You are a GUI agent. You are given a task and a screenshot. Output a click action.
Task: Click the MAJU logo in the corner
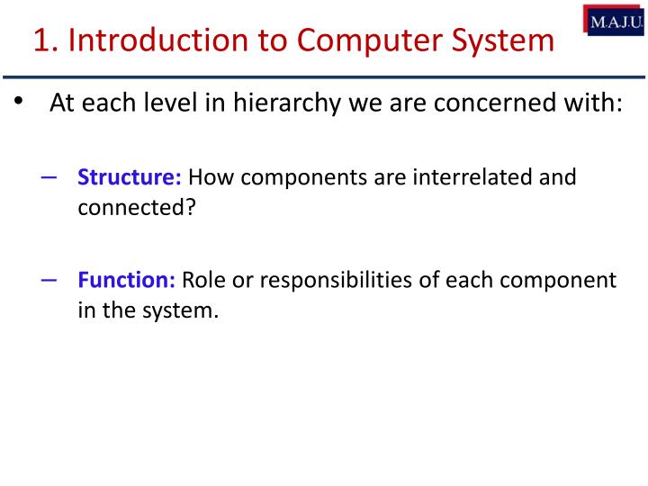[x=616, y=20]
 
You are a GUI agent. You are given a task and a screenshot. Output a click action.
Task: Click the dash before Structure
[x=49, y=176]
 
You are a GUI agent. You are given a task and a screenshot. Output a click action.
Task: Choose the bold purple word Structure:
[x=130, y=177]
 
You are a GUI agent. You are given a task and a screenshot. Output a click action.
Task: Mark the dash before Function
[x=49, y=279]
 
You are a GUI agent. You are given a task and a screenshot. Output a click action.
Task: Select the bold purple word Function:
[x=126, y=280]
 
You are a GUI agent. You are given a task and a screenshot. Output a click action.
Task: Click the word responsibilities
[x=341, y=281]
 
